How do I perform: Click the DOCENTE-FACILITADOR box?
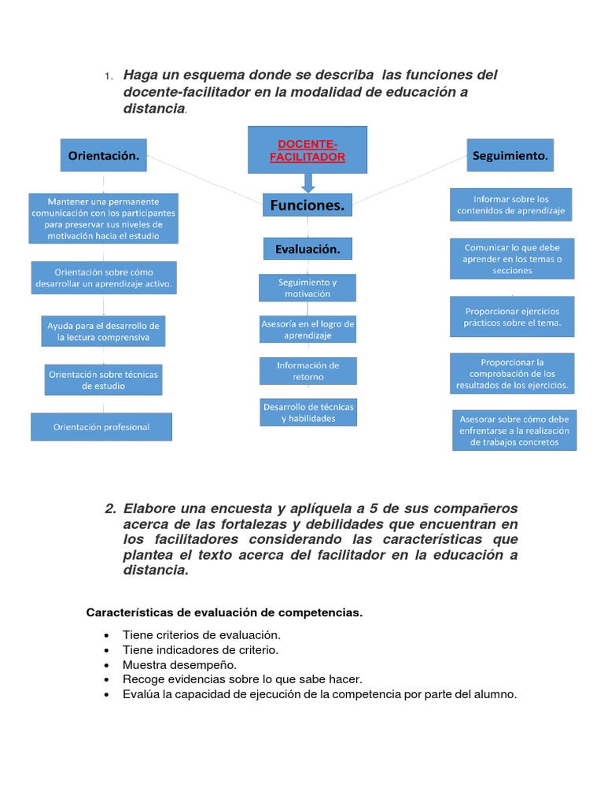[307, 150]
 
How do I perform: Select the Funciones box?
[307, 205]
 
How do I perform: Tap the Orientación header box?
[104, 156]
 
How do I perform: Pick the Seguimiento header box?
[510, 156]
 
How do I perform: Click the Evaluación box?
[308, 249]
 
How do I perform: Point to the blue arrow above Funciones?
[308, 183]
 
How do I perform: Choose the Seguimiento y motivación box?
[308, 288]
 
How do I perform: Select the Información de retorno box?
[308, 371]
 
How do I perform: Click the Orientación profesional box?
[101, 427]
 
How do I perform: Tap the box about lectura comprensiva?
[104, 332]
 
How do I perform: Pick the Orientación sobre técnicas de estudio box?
[104, 380]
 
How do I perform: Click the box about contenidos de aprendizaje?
[511, 205]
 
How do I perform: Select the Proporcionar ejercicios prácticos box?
[511, 316]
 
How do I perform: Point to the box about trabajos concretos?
[514, 431]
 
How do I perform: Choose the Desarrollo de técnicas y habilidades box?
[308, 412]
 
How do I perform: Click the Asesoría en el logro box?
[308, 330]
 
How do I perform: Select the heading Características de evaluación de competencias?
[224, 612]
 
